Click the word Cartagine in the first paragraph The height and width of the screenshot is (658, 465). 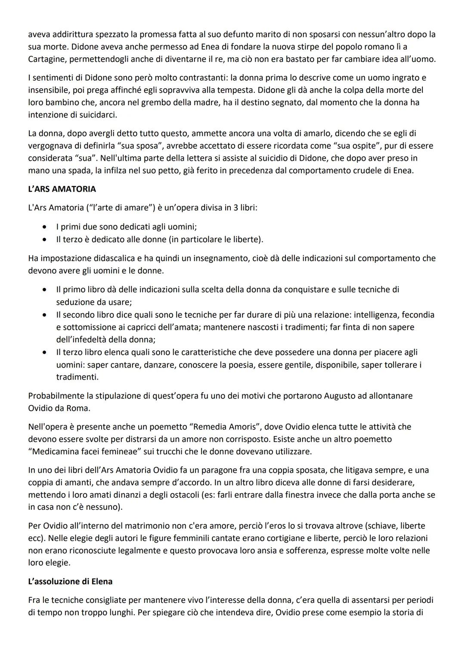46,59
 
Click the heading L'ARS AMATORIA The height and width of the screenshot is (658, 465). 62,189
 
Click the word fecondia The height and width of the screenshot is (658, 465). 416,315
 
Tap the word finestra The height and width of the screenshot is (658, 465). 298,495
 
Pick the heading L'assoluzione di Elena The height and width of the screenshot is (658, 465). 70,581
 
